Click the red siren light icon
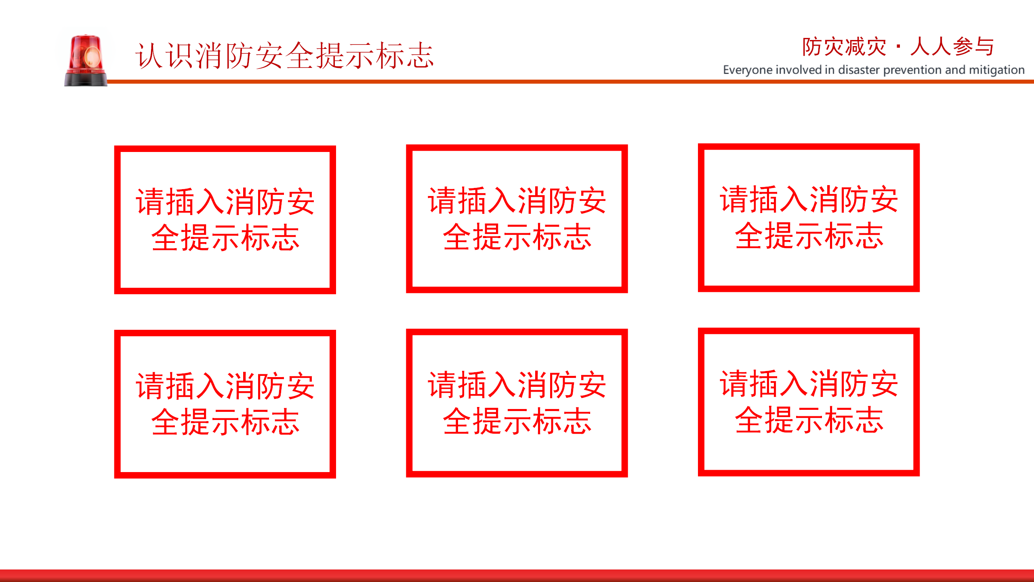tap(86, 60)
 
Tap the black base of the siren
tap(86, 79)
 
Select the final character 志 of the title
tap(420, 55)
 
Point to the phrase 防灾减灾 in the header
tap(844, 47)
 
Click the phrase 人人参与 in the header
tap(952, 47)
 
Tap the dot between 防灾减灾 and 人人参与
tap(898, 47)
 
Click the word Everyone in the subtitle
tap(748, 70)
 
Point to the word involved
tap(799, 70)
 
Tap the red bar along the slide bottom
tap(517, 576)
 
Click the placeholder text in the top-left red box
tap(225, 219)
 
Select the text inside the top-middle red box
tap(517, 219)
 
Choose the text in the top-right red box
tap(809, 217)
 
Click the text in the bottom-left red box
tap(225, 404)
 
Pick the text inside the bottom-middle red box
tap(517, 403)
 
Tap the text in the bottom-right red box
tap(809, 402)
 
